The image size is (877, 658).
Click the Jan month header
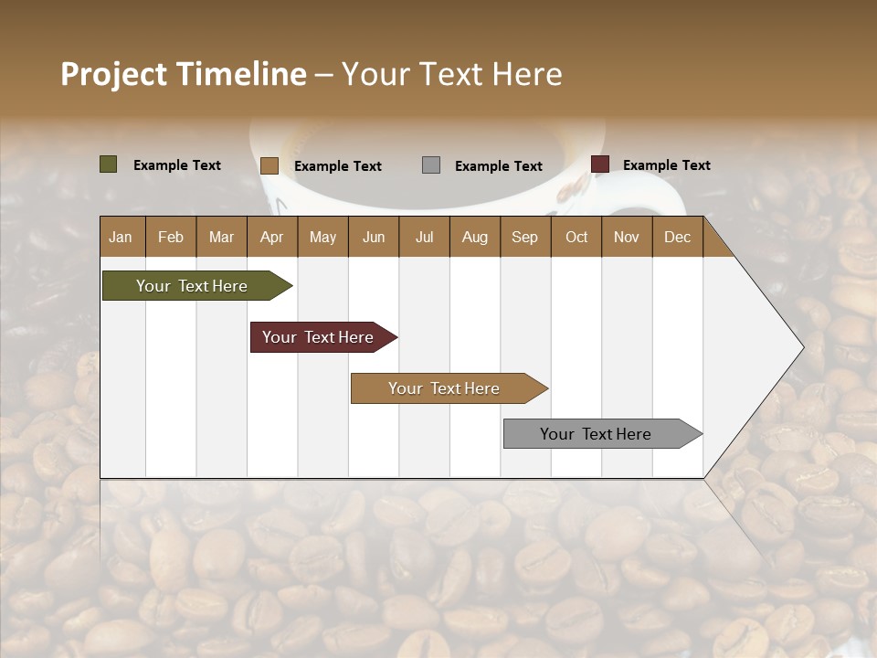[x=121, y=237]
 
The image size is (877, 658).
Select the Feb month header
[x=171, y=237]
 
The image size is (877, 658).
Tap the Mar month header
[x=221, y=237]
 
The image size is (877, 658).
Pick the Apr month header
[x=272, y=237]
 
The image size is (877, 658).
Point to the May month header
[x=322, y=237]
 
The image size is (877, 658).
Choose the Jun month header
[x=374, y=237]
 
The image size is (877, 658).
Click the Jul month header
[x=424, y=237]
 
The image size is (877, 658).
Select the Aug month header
[x=475, y=237]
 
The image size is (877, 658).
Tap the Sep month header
[x=525, y=237]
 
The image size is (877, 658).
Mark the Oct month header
[x=576, y=237]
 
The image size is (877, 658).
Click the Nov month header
[x=627, y=237]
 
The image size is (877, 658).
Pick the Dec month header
[x=677, y=237]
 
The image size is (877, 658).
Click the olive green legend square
[x=109, y=164]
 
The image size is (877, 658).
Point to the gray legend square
[x=431, y=164]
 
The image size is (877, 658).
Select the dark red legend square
[x=600, y=164]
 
